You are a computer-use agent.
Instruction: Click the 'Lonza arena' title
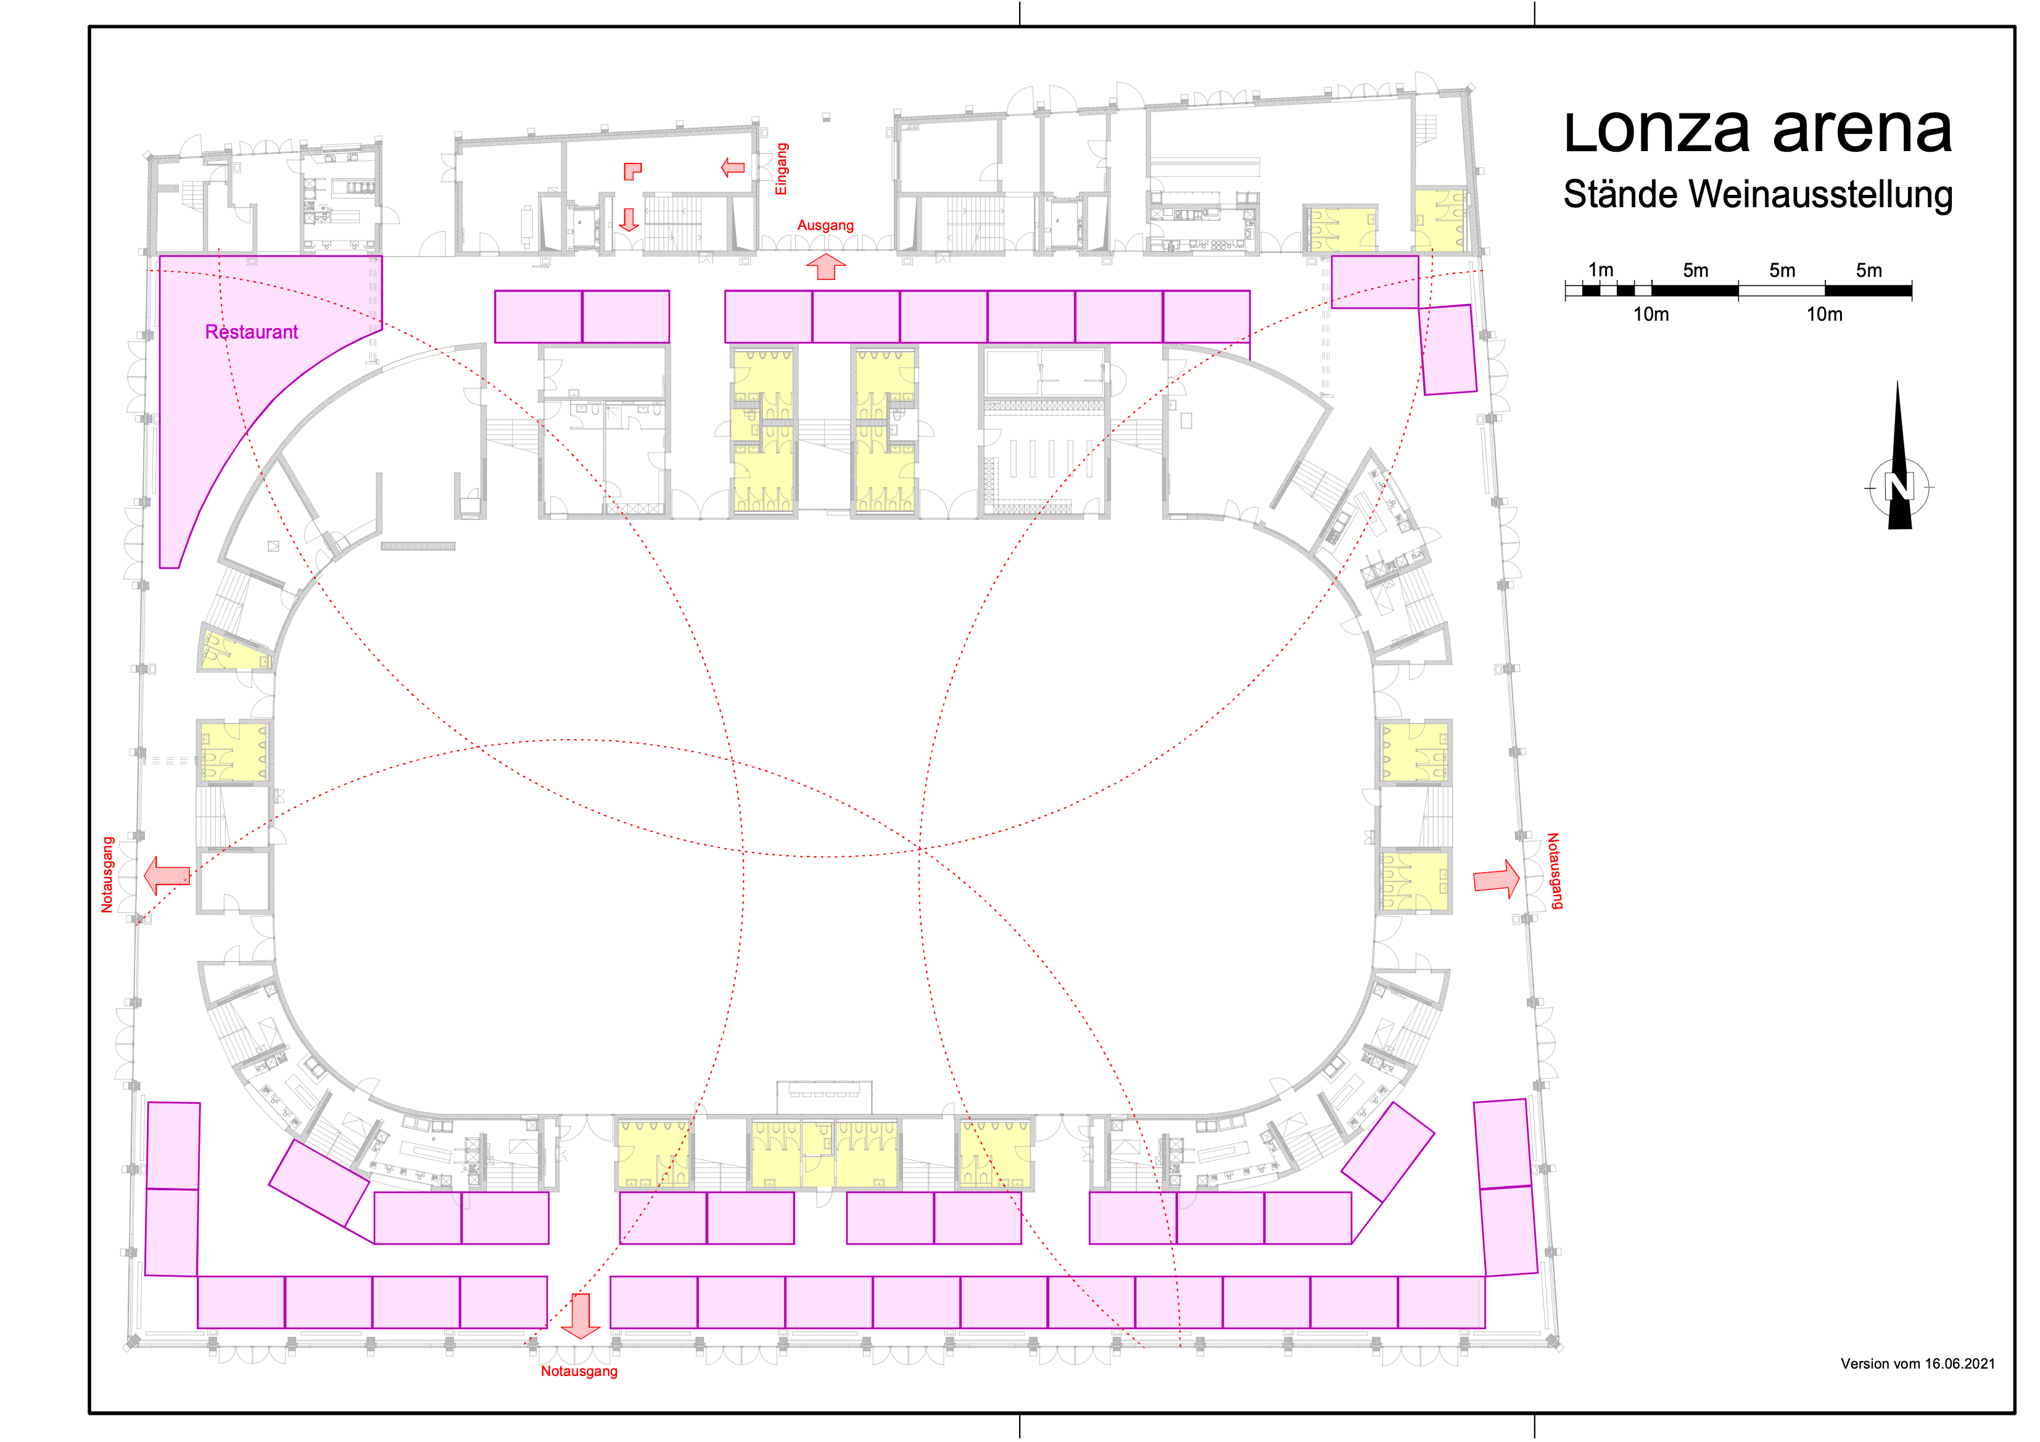pyautogui.click(x=1757, y=131)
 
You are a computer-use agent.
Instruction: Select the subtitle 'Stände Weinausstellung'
pyautogui.click(x=1757, y=194)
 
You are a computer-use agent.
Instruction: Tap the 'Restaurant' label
pyautogui.click(x=252, y=332)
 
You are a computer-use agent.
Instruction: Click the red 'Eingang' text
pyautogui.click(x=781, y=169)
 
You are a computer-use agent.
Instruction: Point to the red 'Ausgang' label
pyautogui.click(x=825, y=226)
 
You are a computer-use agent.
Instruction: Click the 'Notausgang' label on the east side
pyautogui.click(x=1554, y=871)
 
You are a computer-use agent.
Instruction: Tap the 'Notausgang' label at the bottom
pyautogui.click(x=579, y=1371)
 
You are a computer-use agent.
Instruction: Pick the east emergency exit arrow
pyautogui.click(x=1497, y=880)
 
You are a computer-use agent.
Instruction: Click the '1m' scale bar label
pyautogui.click(x=1600, y=270)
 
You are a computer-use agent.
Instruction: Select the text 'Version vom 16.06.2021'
pyautogui.click(x=1917, y=1364)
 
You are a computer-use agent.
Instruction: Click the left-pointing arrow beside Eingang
pyautogui.click(x=733, y=167)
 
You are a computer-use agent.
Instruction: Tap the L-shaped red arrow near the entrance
pyautogui.click(x=633, y=171)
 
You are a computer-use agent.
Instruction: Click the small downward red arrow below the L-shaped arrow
pyautogui.click(x=629, y=220)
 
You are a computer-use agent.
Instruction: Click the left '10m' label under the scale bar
pyautogui.click(x=1651, y=315)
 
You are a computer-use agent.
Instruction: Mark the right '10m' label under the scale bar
pyautogui.click(x=1824, y=315)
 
